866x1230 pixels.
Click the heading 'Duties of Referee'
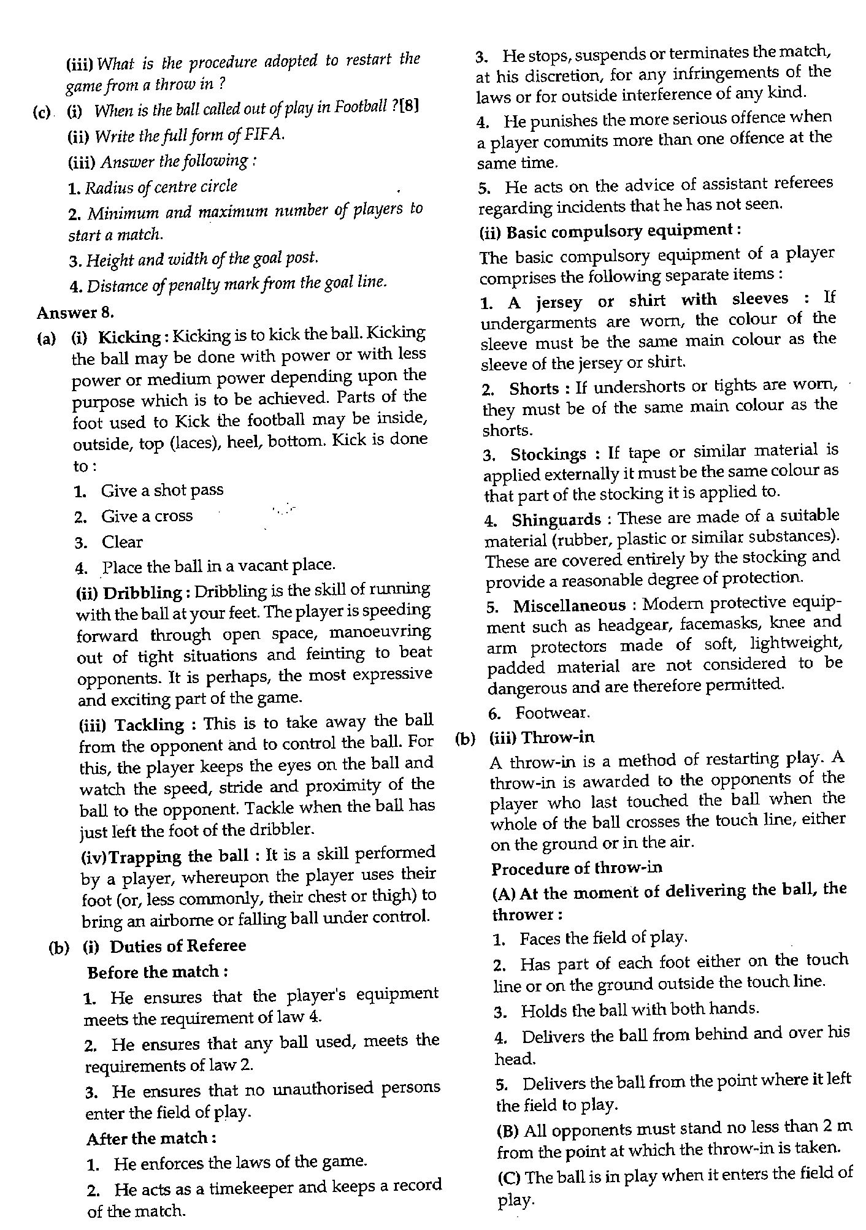click(178, 946)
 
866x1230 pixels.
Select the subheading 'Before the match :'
click(158, 972)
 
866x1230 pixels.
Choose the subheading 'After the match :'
click(151, 1139)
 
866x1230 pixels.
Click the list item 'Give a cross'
click(147, 516)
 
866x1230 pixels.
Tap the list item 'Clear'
click(122, 543)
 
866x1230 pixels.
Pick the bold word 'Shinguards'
click(556, 520)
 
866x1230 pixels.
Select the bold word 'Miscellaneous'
click(569, 606)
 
